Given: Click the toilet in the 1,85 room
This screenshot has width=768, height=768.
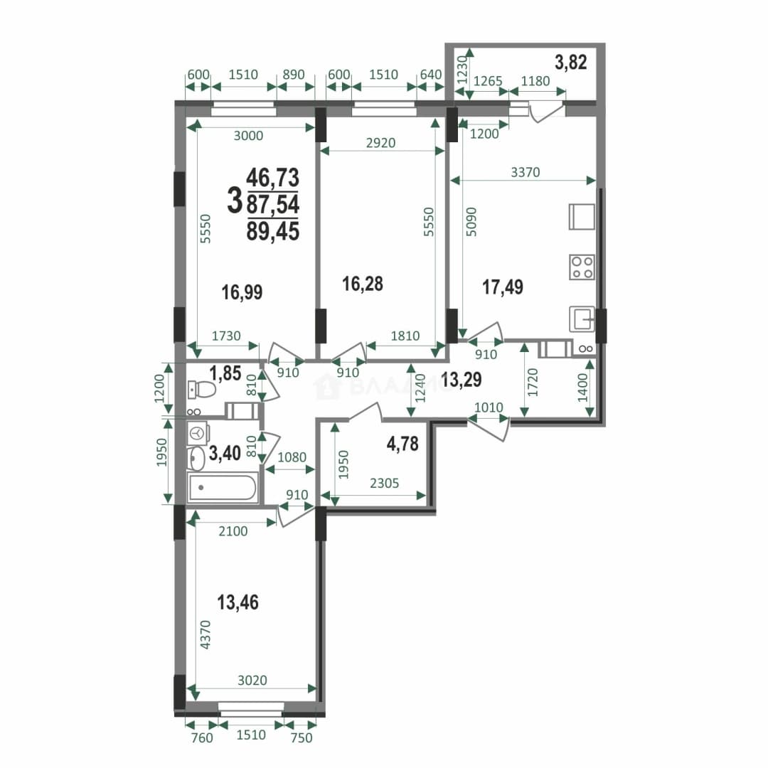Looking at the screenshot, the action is pos(202,390).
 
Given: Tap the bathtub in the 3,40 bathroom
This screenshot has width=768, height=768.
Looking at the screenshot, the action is pos(223,487).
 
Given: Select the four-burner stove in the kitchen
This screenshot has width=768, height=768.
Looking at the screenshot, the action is pos(582,267).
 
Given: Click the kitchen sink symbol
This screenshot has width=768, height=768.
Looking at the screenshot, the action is pos(582,319).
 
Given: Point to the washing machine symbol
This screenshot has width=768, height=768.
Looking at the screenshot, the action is pos(198,433).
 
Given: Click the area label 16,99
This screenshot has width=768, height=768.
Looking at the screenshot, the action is pos(242,292).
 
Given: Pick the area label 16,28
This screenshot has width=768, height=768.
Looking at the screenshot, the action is pos(363,284).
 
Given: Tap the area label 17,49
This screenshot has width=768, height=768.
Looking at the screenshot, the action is pos(503,287).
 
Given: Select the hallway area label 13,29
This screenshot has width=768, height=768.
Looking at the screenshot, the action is pos(461,380).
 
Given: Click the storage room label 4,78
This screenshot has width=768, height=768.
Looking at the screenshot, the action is pos(402,444).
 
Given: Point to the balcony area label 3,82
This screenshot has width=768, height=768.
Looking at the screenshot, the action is pos(570,62).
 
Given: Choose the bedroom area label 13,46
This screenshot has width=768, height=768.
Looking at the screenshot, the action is pos(238,602).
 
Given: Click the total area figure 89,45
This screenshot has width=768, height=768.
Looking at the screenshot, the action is pos(273,231).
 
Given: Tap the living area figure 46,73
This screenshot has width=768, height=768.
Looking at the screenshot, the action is pos(273,177).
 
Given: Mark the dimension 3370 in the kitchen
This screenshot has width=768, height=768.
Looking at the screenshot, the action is pos(525,172).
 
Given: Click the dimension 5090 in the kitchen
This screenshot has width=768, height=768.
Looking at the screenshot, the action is pos(471,222).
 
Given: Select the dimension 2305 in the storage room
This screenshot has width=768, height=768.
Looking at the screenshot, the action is pos(385,484).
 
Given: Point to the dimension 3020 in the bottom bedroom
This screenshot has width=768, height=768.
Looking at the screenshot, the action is pos(252,681).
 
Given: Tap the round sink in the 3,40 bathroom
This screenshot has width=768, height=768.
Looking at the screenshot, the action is pos(196,459).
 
